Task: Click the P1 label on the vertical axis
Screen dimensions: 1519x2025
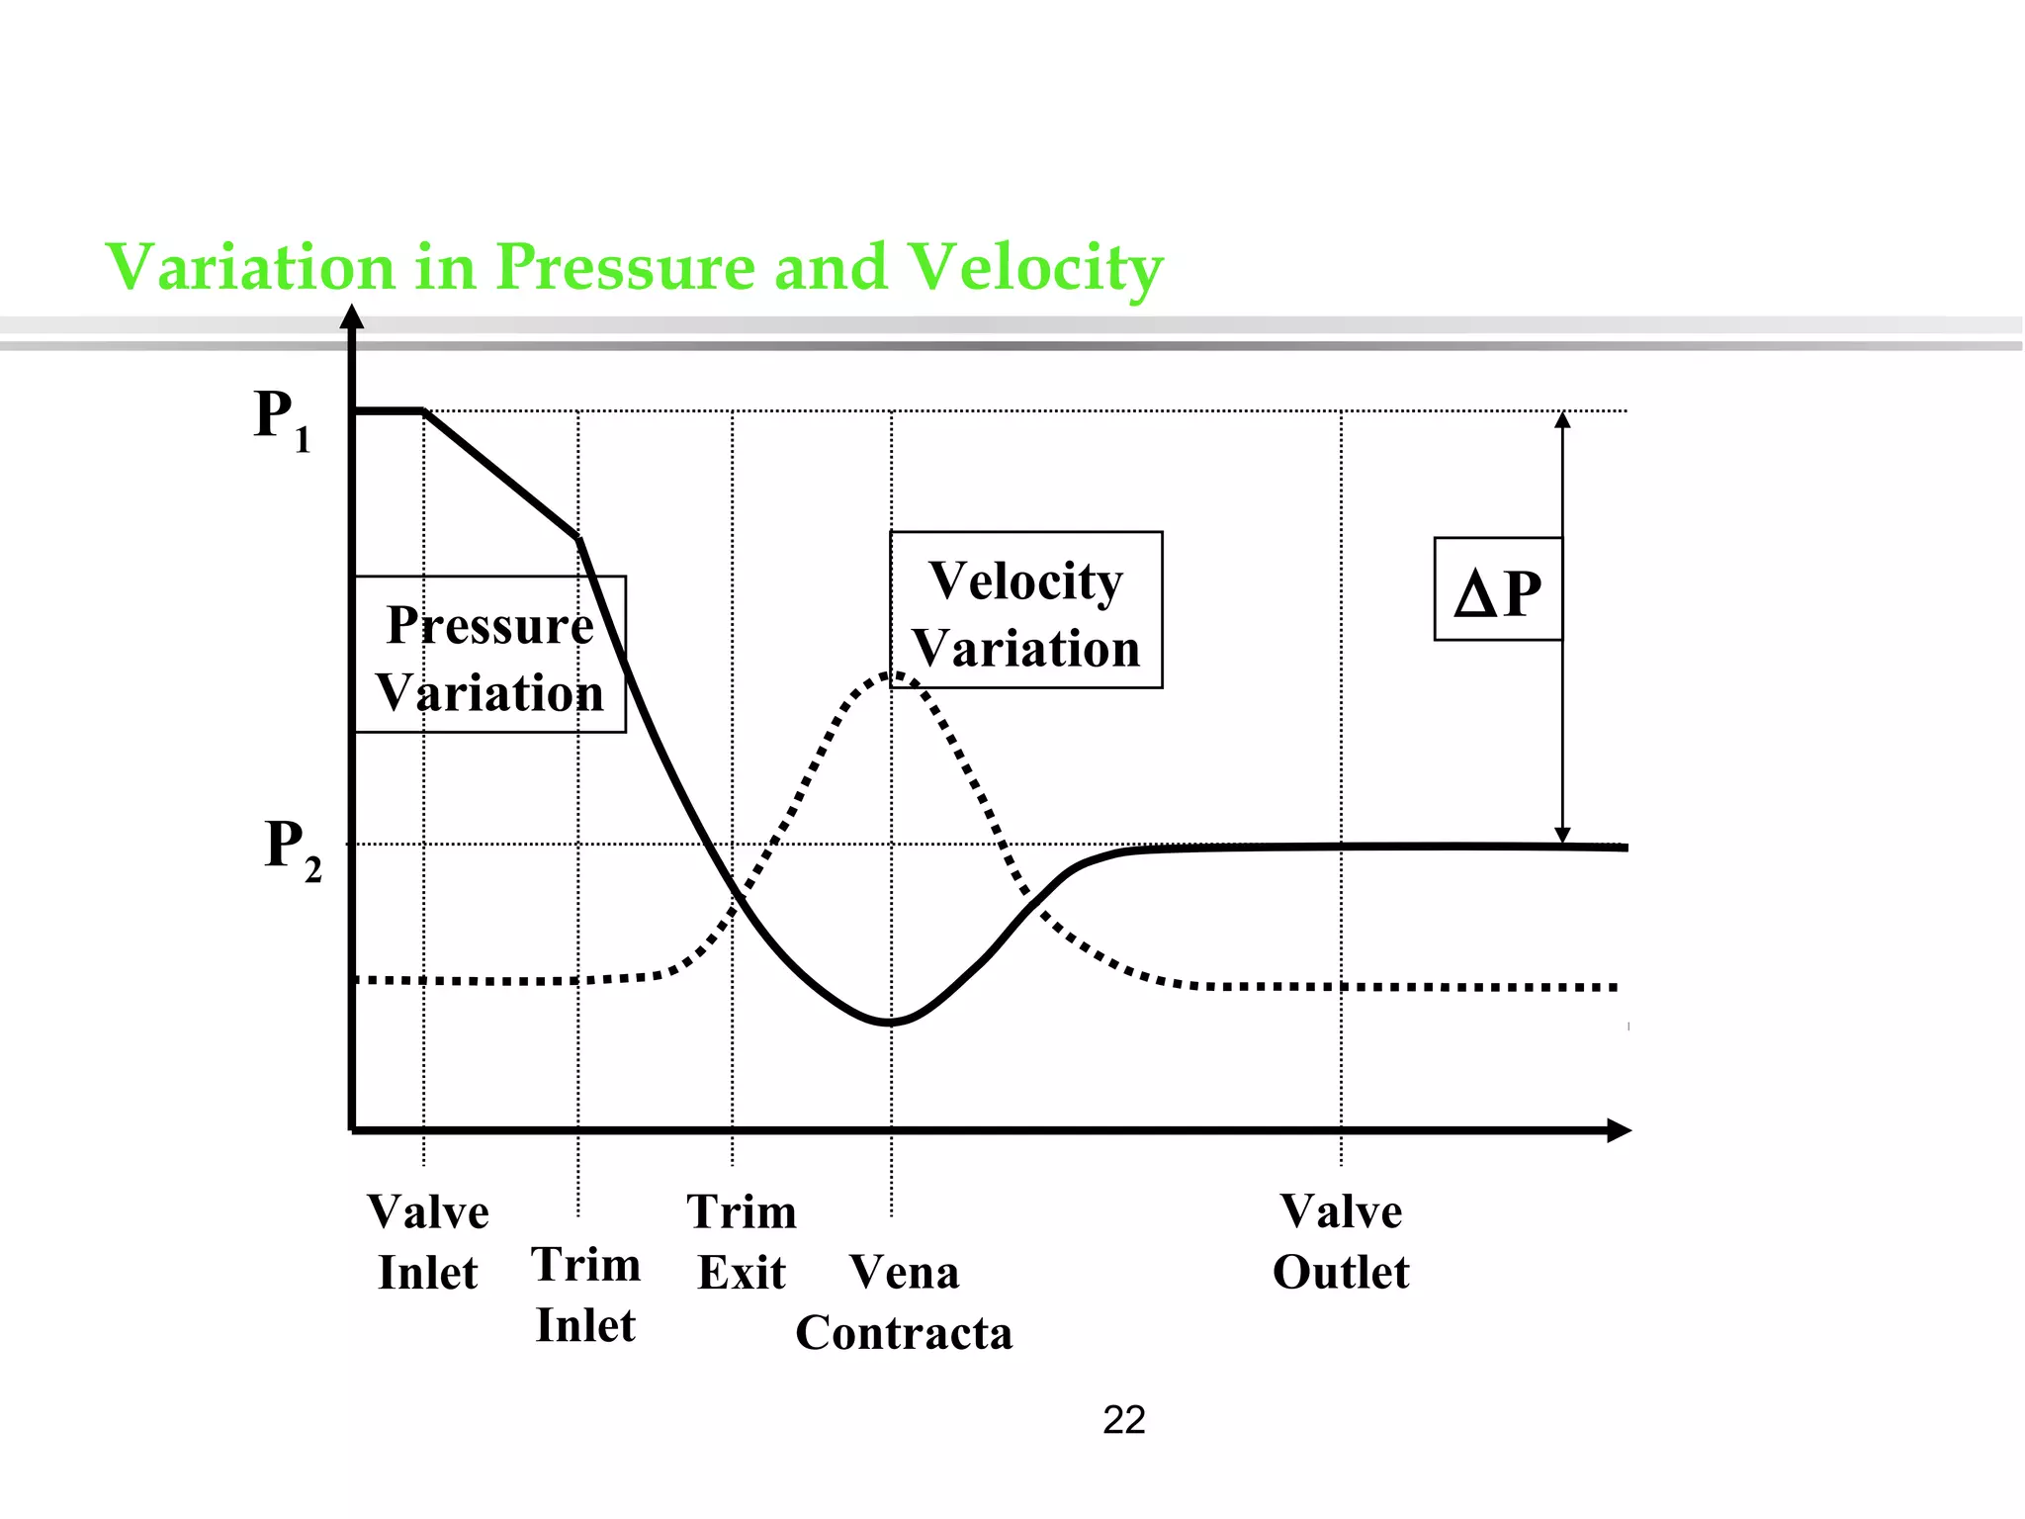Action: (x=282, y=419)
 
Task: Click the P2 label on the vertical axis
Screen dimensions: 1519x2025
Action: (x=293, y=849)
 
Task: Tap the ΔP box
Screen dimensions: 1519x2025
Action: (x=1498, y=589)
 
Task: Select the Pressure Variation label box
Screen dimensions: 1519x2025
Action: (x=489, y=655)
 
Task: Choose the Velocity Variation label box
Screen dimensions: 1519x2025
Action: (x=1025, y=610)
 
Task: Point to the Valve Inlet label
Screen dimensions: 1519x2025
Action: (x=428, y=1242)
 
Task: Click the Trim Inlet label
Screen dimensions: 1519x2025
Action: (x=586, y=1295)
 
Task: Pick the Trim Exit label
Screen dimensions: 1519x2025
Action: (x=742, y=1242)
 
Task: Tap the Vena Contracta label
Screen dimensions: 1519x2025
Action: (x=904, y=1302)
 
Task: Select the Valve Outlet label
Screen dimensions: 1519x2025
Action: (x=1341, y=1242)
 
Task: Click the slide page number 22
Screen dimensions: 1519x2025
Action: (x=1124, y=1420)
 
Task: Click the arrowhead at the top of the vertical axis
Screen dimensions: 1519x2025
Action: (x=352, y=316)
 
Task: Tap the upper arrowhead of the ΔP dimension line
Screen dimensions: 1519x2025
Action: (x=1562, y=419)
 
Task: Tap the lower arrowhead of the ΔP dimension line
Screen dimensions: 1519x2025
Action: (x=1562, y=836)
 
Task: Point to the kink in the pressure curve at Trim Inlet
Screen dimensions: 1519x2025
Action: (x=578, y=538)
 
